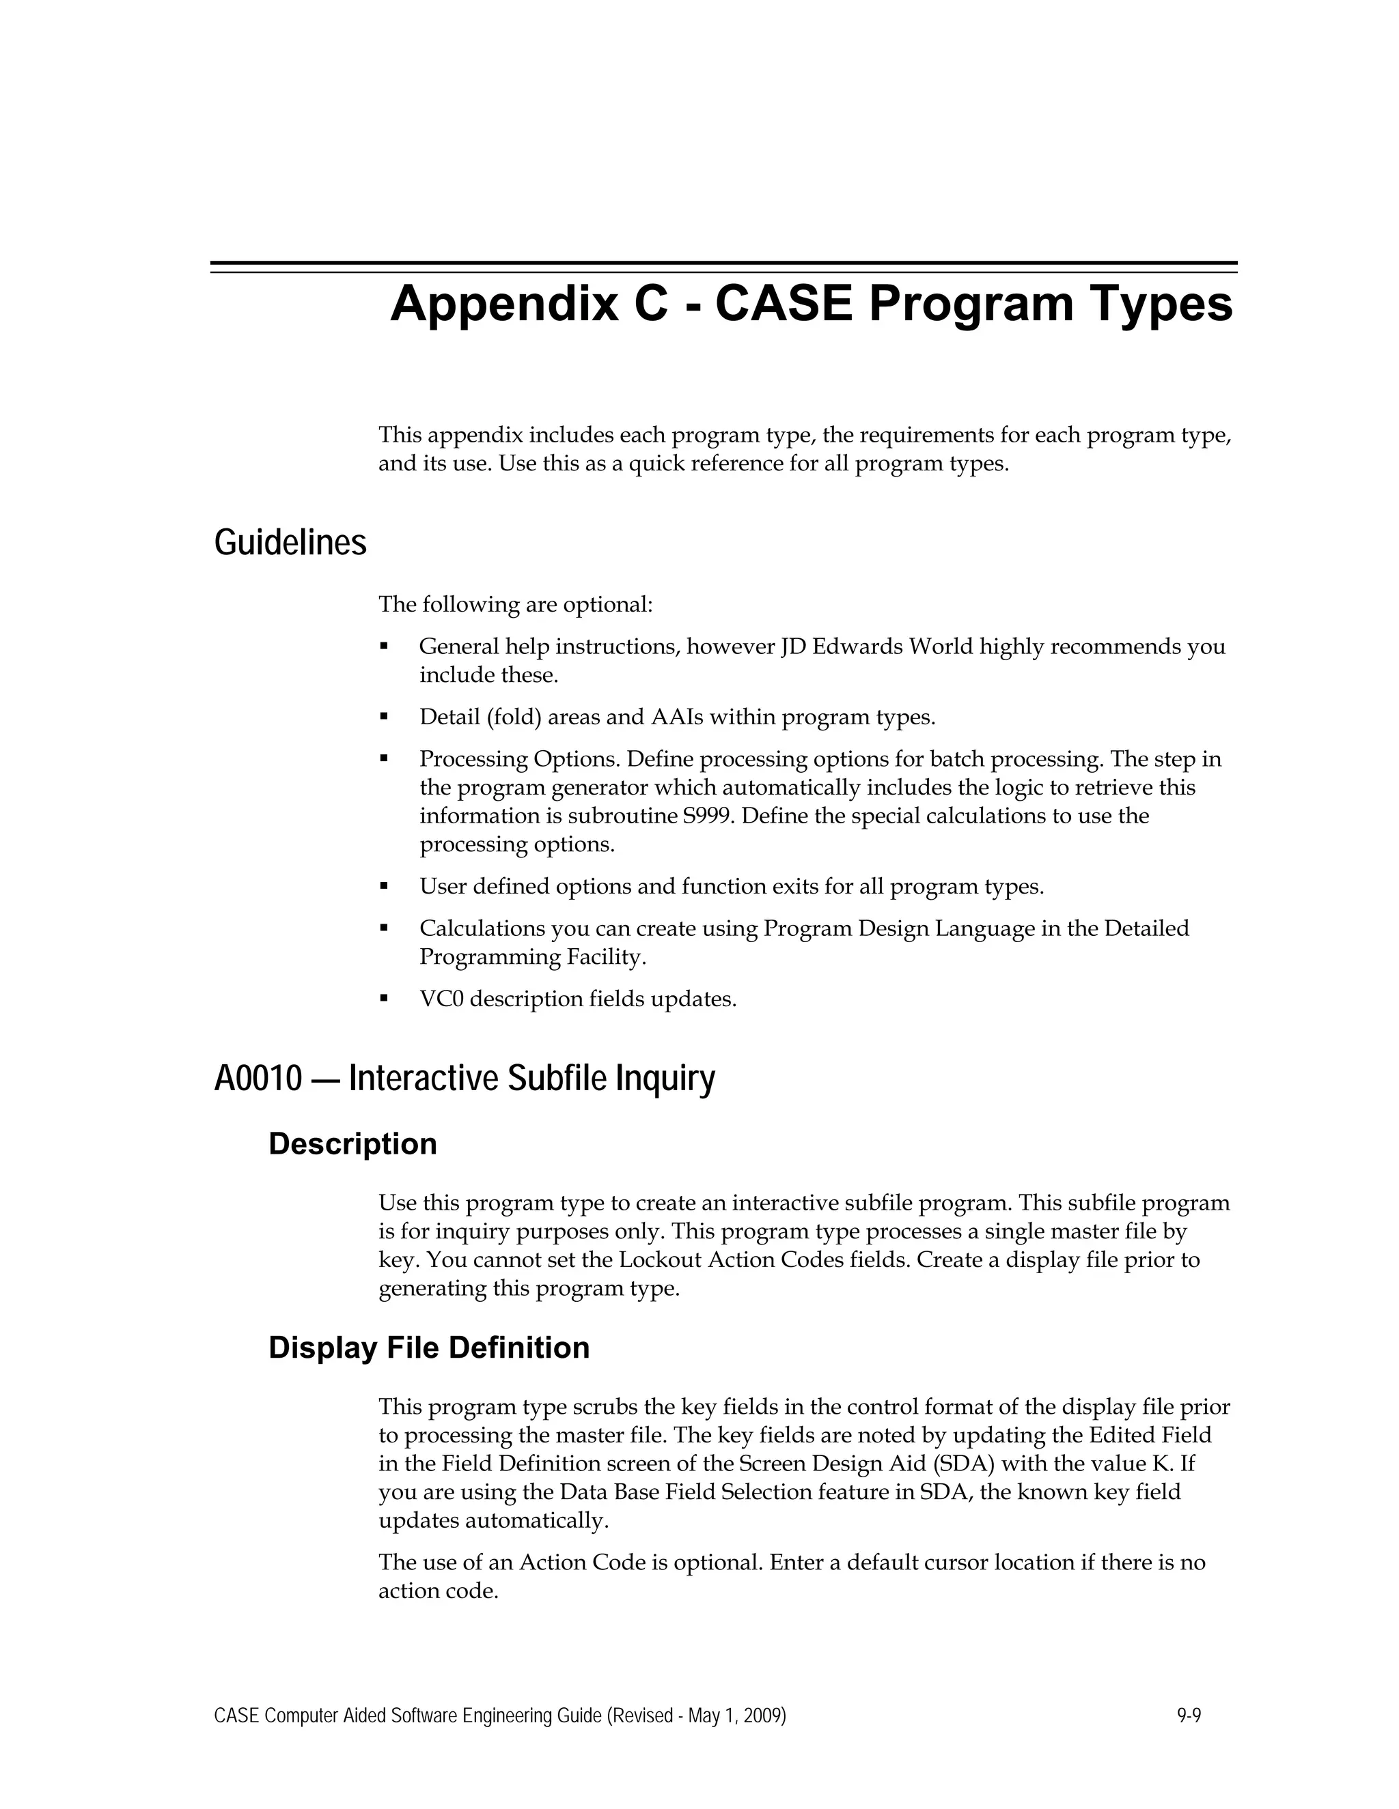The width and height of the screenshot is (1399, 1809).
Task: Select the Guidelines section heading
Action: point(290,543)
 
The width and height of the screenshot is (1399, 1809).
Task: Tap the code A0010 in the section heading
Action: point(258,1079)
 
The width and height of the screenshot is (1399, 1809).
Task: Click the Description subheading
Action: point(352,1144)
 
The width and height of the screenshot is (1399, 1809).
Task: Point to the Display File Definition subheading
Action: point(428,1348)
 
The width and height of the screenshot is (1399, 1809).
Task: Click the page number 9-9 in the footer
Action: point(1189,1715)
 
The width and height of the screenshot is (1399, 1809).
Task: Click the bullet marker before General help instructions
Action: point(384,645)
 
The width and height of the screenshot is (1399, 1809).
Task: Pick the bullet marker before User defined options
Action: point(384,886)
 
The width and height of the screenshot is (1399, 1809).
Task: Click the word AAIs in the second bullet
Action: point(677,717)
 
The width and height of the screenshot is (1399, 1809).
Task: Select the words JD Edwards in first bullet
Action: point(840,646)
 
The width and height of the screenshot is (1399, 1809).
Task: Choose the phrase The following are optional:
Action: point(516,605)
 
